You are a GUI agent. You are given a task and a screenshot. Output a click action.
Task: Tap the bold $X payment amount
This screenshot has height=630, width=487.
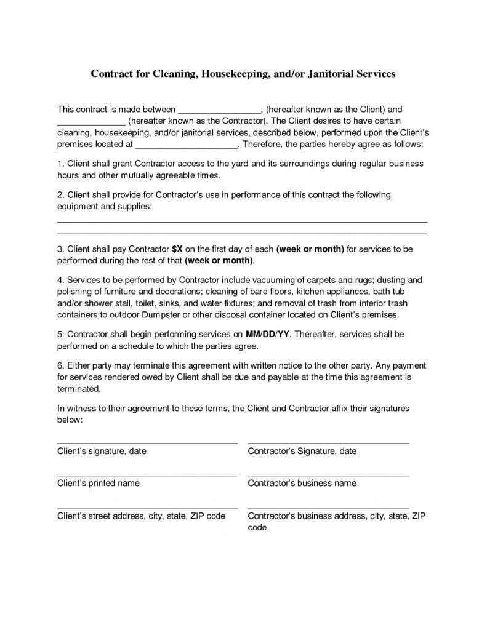[177, 249]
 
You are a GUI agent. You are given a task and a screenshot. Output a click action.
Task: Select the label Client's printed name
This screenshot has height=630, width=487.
[98, 483]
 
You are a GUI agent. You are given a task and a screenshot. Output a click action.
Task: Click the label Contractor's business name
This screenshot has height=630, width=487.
[302, 483]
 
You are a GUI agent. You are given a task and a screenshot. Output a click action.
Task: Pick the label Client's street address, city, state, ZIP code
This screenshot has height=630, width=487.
[141, 516]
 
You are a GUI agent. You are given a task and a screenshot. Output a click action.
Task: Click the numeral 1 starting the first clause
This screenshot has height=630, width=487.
[59, 165]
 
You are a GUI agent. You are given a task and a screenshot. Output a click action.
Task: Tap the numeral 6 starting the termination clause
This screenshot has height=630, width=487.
[59, 366]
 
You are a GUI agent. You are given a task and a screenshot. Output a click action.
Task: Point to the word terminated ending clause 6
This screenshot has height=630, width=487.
[79, 389]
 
